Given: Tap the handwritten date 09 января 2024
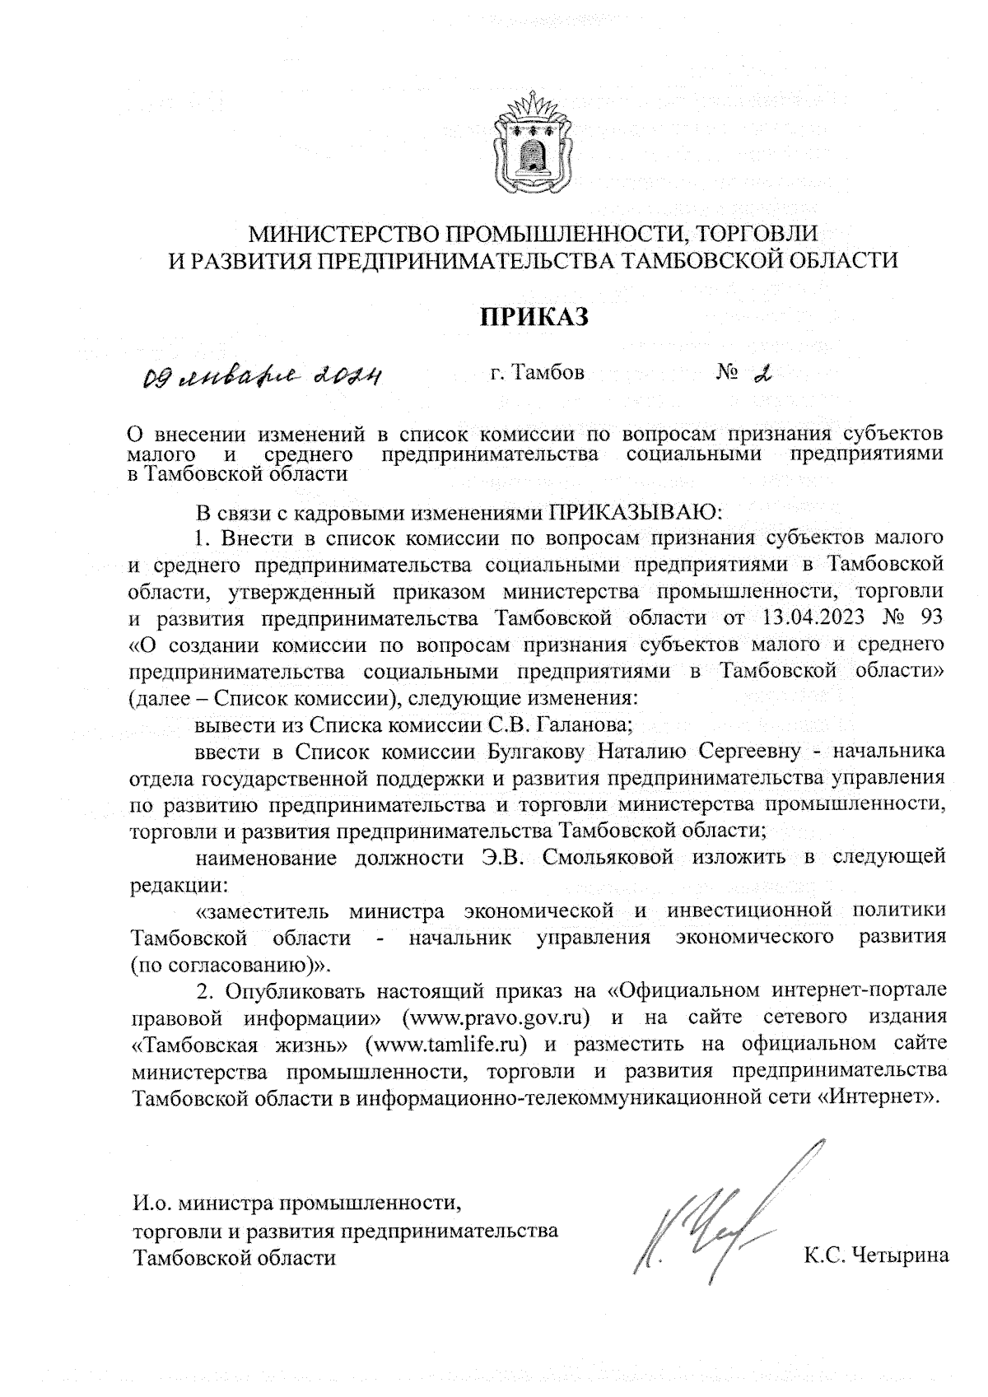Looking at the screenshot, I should [x=261, y=377].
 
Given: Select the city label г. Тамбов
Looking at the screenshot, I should [x=537, y=373].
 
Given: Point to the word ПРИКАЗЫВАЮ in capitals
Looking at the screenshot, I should [x=634, y=514].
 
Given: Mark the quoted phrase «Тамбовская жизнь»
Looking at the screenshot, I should [x=239, y=1045].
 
